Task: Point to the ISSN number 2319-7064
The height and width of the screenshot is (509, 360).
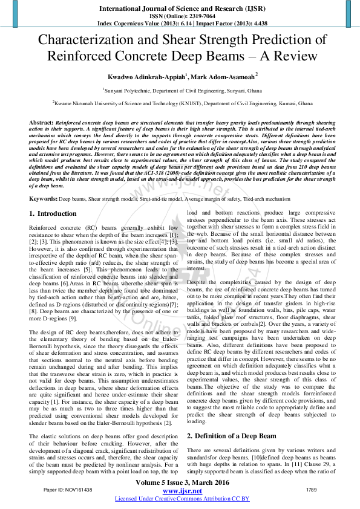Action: pos(197,17)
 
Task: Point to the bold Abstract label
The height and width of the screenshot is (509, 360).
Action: pos(41,122)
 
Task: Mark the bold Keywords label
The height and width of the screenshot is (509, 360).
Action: pos(43,198)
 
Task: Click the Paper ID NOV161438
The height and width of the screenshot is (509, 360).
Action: pos(68,489)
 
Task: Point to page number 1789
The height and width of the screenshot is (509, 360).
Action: pos(312,489)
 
